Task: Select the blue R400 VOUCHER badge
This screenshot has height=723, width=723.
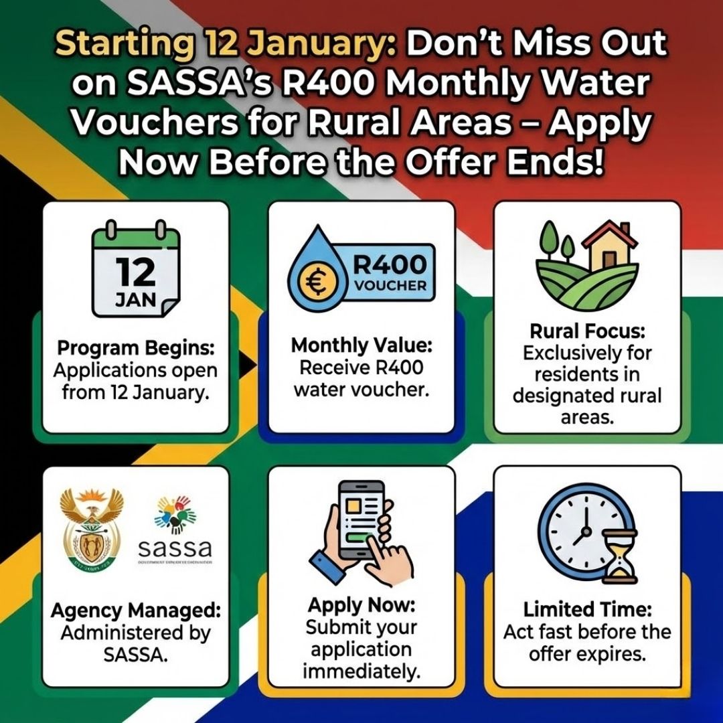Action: tap(389, 274)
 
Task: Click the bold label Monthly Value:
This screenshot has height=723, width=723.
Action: tap(361, 346)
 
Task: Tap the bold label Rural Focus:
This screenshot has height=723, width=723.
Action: tap(587, 331)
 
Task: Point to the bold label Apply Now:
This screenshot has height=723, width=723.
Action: tap(361, 605)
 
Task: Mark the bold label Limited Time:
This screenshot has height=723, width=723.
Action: tap(587, 609)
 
